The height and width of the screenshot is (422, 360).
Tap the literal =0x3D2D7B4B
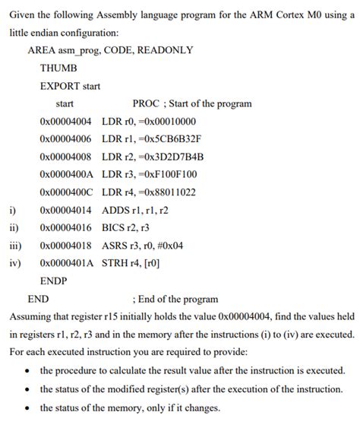[172, 157]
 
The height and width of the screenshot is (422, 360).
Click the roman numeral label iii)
[15, 246]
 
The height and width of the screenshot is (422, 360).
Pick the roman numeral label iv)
[14, 263]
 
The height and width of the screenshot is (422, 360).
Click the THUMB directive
[58, 68]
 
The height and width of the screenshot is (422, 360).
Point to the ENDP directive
[53, 281]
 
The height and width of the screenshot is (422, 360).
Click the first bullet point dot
[28, 371]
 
